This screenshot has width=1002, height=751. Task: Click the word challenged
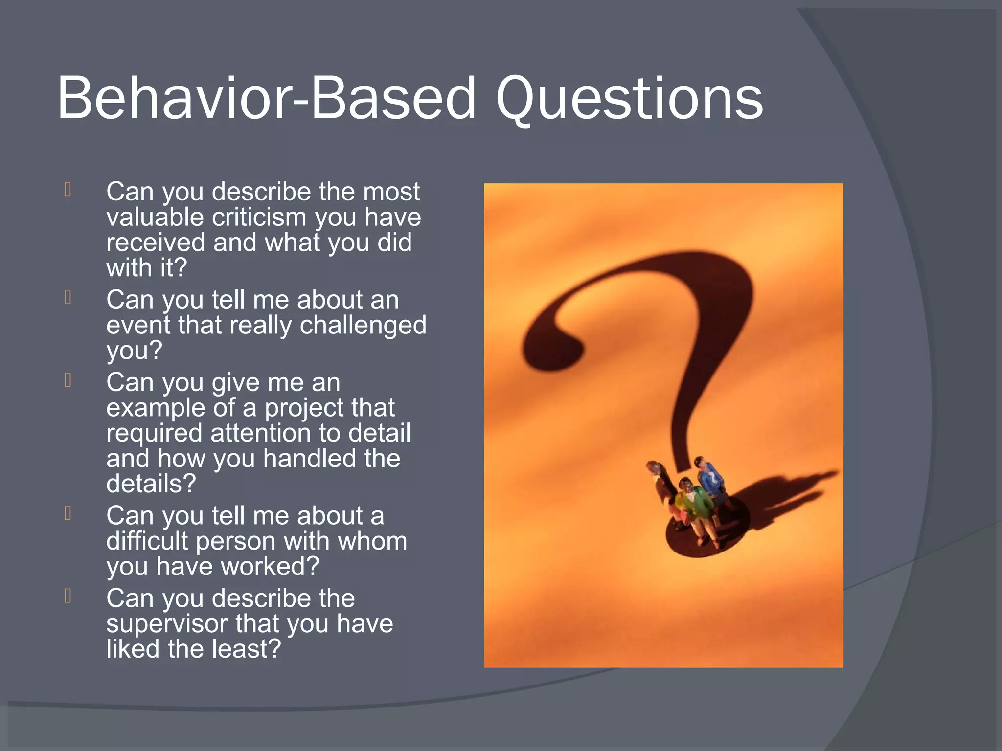[363, 325]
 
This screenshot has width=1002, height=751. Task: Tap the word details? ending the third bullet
[151, 484]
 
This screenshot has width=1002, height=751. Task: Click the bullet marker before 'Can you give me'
[68, 380]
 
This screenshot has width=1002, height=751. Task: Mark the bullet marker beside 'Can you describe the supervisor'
[68, 596]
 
